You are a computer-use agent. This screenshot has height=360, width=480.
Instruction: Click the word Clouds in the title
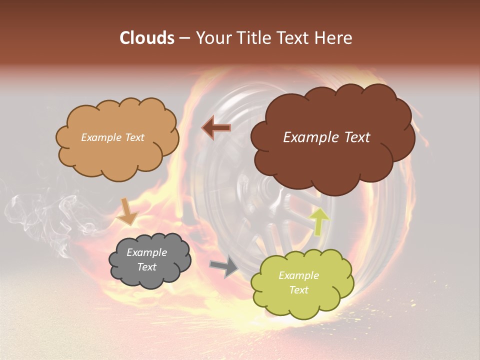click(x=146, y=38)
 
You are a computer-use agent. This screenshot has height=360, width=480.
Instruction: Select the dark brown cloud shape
click(x=330, y=160)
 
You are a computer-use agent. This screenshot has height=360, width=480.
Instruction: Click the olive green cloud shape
click(x=302, y=300)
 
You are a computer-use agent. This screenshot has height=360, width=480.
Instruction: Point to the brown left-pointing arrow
click(x=216, y=128)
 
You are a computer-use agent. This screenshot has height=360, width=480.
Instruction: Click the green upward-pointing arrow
click(x=319, y=221)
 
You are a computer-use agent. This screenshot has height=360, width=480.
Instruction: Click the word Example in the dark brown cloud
click(x=308, y=137)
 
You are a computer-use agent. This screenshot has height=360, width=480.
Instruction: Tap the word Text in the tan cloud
click(x=134, y=137)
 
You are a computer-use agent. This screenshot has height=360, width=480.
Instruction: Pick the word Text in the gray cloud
click(x=147, y=267)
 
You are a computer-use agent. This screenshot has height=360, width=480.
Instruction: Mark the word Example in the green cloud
click(x=298, y=275)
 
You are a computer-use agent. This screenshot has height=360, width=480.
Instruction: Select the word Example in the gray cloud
click(x=147, y=252)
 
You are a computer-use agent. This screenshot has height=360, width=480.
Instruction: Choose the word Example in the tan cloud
click(x=101, y=137)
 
